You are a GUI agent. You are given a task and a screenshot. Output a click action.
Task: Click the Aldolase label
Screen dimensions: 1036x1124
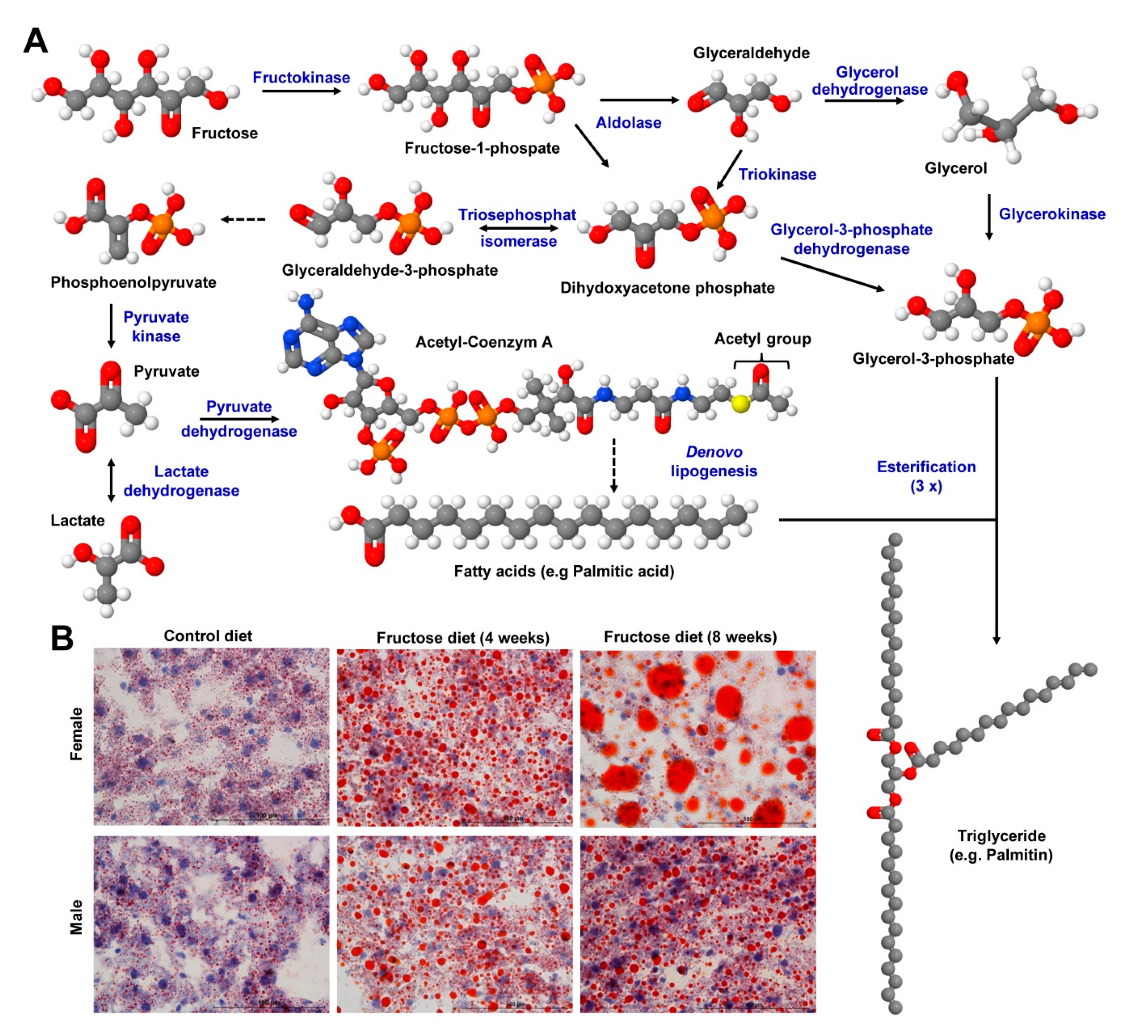click(628, 123)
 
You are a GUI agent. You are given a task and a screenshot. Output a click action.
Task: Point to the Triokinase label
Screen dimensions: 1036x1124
click(777, 174)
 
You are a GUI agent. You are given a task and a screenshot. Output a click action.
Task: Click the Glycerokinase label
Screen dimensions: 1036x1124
click(1052, 214)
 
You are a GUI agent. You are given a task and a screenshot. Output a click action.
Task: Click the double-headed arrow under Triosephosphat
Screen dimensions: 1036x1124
click(518, 228)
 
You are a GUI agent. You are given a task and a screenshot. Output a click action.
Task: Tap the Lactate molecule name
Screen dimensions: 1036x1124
click(77, 521)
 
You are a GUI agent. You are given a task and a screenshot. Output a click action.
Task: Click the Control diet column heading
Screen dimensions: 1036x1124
click(208, 636)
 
